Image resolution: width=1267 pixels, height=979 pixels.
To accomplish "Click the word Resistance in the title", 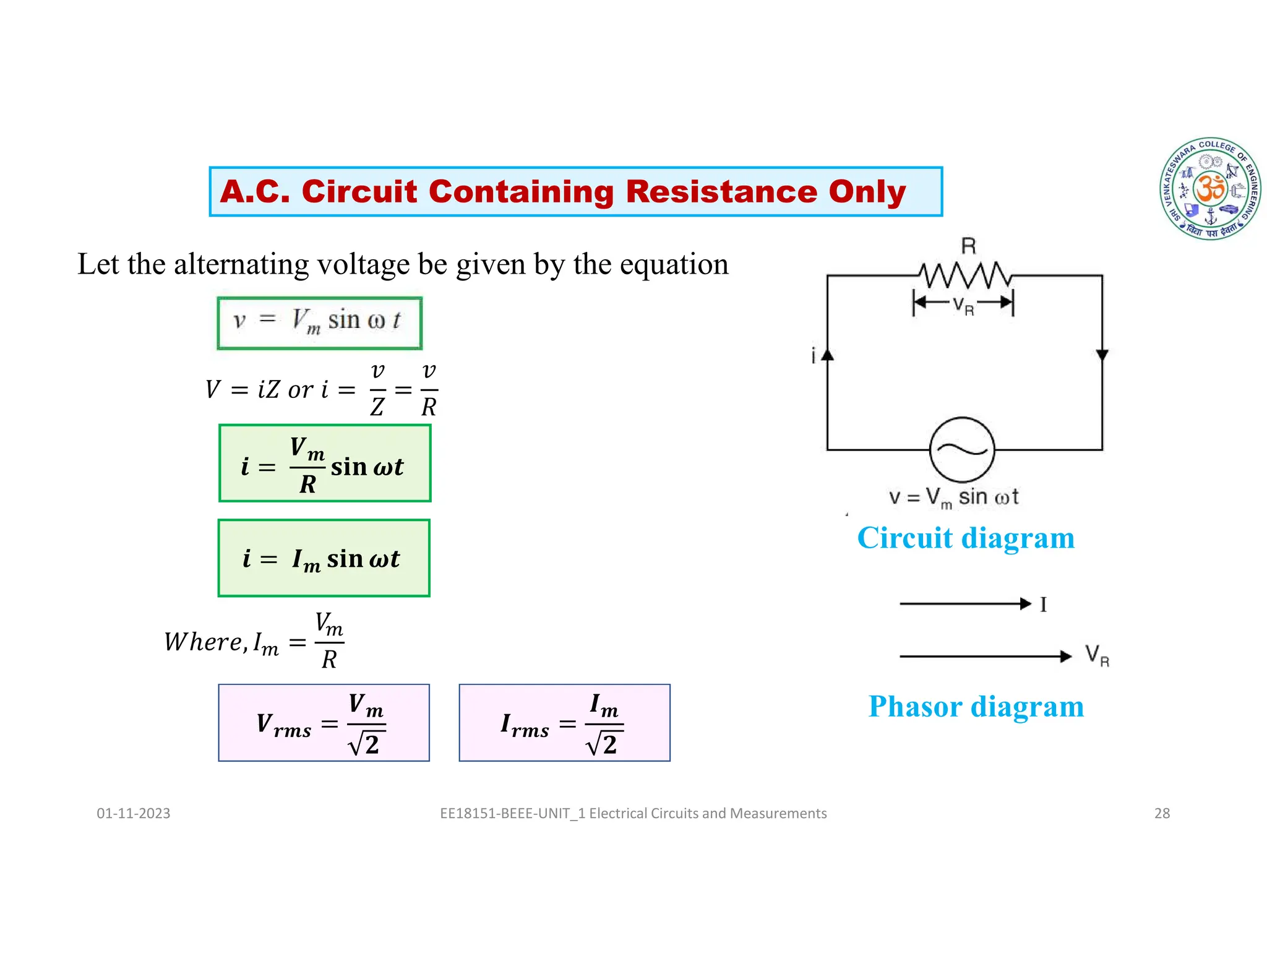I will click(721, 191).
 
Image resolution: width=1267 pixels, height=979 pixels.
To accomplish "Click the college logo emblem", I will click(1210, 189).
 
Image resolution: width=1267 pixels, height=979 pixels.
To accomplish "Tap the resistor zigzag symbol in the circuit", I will click(964, 275).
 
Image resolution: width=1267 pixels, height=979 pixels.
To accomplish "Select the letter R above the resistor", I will click(968, 246).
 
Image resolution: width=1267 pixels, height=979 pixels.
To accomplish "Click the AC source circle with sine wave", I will click(962, 450).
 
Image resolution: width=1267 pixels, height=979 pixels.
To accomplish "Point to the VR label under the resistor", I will click(963, 305).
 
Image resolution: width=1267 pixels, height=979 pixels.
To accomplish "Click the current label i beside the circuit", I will click(814, 356).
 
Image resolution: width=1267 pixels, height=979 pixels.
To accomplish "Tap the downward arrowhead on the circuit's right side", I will click(1102, 355).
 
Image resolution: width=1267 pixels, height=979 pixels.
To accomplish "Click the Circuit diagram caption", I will click(966, 537).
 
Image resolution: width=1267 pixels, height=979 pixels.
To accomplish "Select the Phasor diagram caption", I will click(976, 706).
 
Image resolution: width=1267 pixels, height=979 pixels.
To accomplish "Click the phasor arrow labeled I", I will click(965, 603).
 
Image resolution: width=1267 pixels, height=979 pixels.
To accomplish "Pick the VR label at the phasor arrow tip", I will click(1097, 655).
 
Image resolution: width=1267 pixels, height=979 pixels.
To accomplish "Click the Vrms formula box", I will click(324, 723).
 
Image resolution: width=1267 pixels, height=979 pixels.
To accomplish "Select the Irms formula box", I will click(564, 723).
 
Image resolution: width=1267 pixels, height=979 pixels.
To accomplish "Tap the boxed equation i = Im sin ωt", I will click(324, 558).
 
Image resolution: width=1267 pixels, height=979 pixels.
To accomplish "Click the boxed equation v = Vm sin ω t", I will click(319, 323).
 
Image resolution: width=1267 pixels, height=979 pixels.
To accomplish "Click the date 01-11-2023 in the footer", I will click(133, 813).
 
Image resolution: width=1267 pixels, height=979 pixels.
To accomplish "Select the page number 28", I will click(1162, 813).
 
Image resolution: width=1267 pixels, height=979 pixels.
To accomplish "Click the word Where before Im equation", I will click(204, 642).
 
